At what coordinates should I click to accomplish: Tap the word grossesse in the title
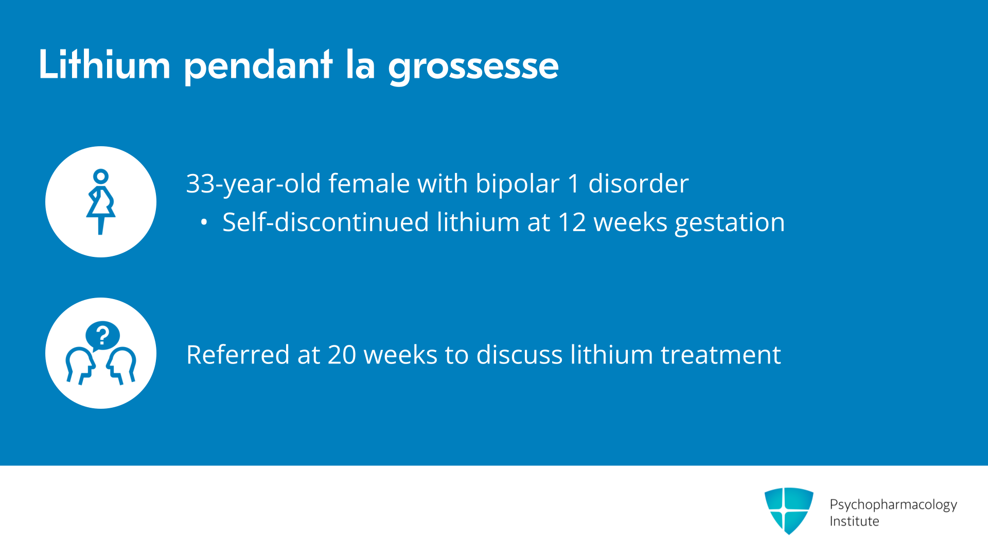(x=473, y=67)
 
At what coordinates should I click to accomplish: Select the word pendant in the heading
(x=258, y=66)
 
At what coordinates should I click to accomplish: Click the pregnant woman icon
(x=101, y=202)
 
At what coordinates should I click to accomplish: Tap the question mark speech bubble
(x=102, y=336)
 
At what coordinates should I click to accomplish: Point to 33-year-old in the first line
(x=254, y=184)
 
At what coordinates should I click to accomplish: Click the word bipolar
(x=517, y=184)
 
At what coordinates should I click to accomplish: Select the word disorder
(x=638, y=183)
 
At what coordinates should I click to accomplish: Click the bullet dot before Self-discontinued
(x=204, y=222)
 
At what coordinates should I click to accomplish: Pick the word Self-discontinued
(x=326, y=222)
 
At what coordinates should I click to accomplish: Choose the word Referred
(x=238, y=355)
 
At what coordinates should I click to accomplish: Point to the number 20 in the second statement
(x=342, y=355)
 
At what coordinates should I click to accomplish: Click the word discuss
(x=519, y=355)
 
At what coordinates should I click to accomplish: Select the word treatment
(x=720, y=355)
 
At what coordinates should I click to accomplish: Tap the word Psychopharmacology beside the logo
(x=893, y=505)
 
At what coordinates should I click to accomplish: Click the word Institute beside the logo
(x=854, y=521)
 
